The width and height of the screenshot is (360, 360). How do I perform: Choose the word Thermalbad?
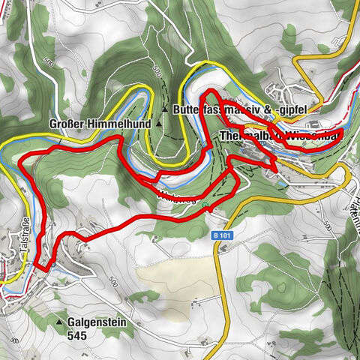(247, 136)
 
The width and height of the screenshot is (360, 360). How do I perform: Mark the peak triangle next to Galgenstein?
(60, 322)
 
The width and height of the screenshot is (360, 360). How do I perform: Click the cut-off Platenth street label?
(353, 199)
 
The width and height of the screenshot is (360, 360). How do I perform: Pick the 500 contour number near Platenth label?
(327, 224)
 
